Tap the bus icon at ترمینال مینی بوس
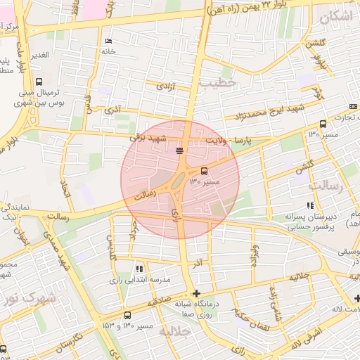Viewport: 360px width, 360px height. [38, 81]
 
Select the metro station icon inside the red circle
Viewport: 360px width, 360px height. [180, 150]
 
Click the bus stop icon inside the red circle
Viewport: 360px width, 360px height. [205, 170]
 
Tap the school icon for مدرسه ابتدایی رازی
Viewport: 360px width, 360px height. [139, 269]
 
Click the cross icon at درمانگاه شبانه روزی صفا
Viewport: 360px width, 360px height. [196, 293]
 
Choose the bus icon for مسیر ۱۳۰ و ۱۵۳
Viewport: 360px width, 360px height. [127, 316]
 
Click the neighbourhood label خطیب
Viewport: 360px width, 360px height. [219, 83]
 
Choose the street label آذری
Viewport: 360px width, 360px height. [111, 111]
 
